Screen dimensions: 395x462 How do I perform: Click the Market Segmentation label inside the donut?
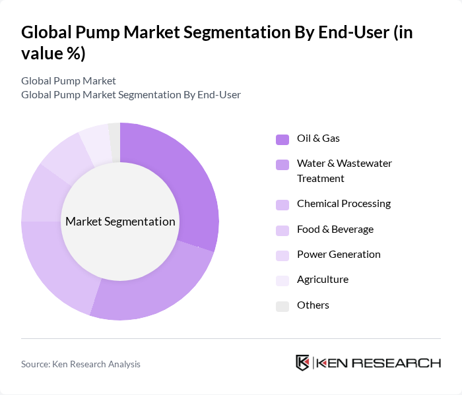(x=120, y=222)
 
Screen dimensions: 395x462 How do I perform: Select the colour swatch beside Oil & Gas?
(x=282, y=139)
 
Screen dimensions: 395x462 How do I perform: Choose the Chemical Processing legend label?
(x=343, y=204)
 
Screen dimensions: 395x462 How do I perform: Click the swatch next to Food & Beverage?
(x=282, y=230)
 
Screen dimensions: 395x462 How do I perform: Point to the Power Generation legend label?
(x=339, y=255)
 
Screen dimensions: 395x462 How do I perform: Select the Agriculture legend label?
(x=322, y=280)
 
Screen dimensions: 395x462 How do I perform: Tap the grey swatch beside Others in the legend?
(x=282, y=306)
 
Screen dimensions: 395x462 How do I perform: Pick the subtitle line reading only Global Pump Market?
(x=69, y=81)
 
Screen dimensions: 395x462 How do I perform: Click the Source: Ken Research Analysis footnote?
(x=81, y=364)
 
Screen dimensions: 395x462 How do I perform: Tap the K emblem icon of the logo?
(x=303, y=363)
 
